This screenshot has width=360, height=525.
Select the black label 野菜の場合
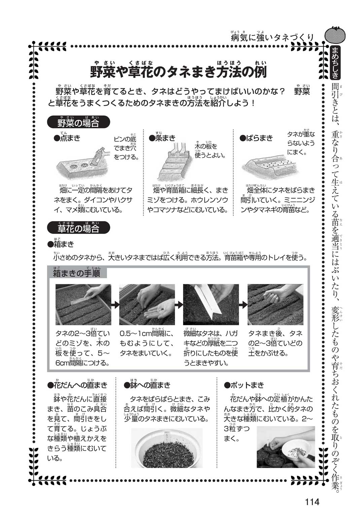pyautogui.click(x=78, y=122)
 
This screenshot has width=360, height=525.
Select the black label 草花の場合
pyautogui.click(x=78, y=228)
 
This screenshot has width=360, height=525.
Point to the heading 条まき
pyautogui.click(x=162, y=137)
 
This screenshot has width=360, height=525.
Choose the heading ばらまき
pyautogui.click(x=256, y=138)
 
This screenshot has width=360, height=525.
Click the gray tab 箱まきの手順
pyautogui.click(x=77, y=273)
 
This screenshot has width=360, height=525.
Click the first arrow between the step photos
pyautogui.click(x=115, y=305)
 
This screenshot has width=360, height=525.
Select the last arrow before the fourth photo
pyautogui.click(x=243, y=305)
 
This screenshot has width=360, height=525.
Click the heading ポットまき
pyautogui.click(x=244, y=385)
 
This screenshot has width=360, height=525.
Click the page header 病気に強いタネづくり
pyautogui.click(x=272, y=37)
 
